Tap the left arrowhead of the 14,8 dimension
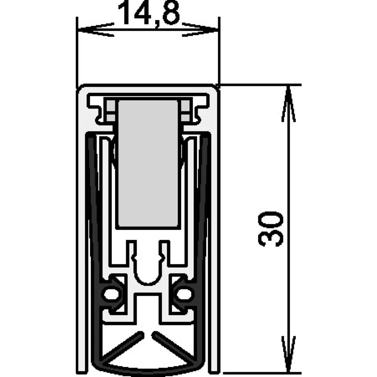95,29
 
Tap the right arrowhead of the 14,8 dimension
201,29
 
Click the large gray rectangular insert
148,163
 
